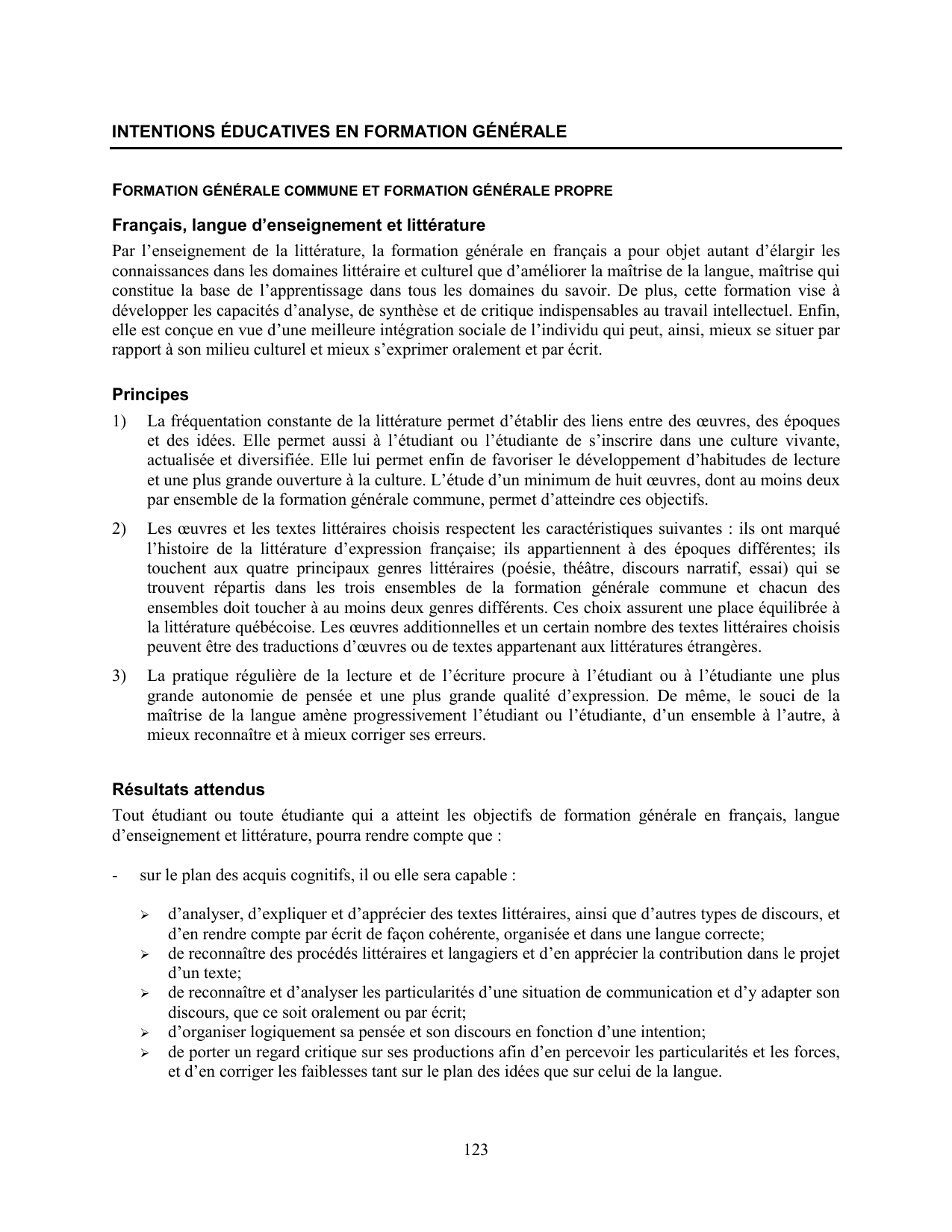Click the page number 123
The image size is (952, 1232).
tap(476, 1150)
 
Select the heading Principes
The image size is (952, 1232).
tap(150, 394)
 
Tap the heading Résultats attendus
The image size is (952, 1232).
tap(188, 789)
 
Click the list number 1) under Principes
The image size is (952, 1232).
tap(119, 421)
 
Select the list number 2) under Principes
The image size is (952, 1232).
tap(119, 529)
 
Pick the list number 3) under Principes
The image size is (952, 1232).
tap(119, 676)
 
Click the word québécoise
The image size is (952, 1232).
tap(240, 627)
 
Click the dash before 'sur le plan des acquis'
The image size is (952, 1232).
tap(115, 874)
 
